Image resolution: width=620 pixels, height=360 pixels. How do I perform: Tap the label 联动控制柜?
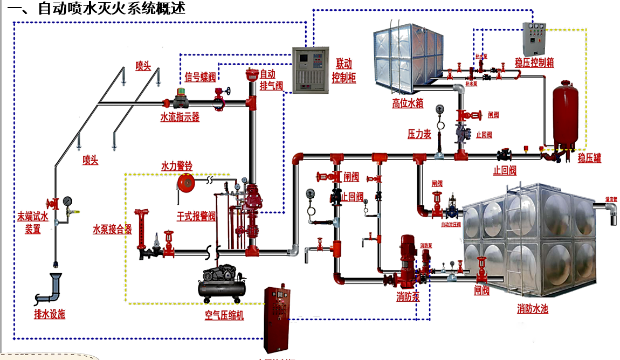(343, 71)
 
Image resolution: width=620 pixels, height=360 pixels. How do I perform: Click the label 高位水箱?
(407, 103)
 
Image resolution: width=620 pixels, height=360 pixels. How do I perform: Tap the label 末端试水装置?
(33, 223)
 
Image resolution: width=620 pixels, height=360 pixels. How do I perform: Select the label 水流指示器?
(180, 117)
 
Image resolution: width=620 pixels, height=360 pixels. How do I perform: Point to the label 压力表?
(419, 134)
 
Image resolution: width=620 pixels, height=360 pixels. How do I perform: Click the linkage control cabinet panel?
(309, 70)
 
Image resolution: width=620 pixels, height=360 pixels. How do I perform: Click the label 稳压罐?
(589, 158)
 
